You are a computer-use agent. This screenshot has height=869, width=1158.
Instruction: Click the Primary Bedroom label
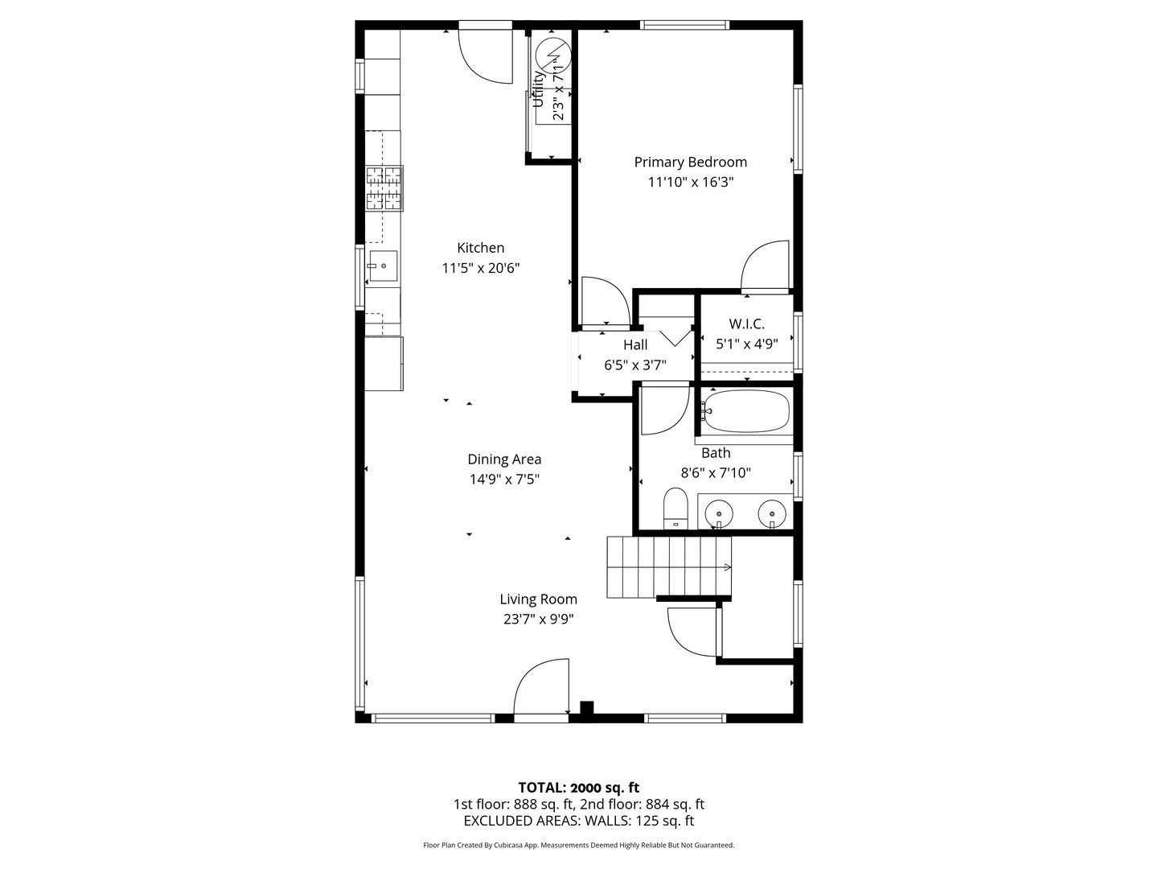click(x=690, y=162)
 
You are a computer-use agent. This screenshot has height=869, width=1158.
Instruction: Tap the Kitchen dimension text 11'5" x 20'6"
click(x=480, y=268)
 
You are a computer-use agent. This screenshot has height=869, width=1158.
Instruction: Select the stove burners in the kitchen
click(x=384, y=188)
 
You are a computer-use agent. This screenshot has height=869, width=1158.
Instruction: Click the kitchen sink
click(x=384, y=266)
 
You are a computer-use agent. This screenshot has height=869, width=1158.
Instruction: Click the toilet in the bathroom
click(x=675, y=509)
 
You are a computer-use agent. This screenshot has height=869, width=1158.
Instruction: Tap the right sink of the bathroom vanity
click(x=772, y=511)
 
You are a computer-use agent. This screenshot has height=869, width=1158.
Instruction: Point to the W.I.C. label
click(x=746, y=324)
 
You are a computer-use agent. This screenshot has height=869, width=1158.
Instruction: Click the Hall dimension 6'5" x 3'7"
click(x=634, y=364)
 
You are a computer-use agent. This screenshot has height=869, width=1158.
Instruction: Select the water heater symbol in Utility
click(x=553, y=54)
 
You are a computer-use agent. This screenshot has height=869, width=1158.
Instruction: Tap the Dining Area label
click(x=504, y=459)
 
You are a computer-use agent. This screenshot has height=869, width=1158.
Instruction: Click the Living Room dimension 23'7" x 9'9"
click(x=537, y=619)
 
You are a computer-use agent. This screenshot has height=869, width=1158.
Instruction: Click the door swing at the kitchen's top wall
click(x=486, y=56)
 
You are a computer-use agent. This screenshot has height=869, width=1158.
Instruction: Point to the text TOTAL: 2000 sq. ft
click(x=578, y=787)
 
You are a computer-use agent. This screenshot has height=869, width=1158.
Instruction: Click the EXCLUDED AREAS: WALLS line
click(x=578, y=821)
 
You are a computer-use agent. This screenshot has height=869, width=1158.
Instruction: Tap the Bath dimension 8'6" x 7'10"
click(x=715, y=473)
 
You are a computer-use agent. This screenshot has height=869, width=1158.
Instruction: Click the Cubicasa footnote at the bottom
click(x=578, y=845)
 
